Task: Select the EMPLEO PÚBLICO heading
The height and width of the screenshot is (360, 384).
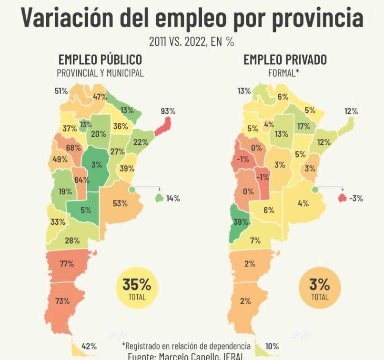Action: coord(100,60)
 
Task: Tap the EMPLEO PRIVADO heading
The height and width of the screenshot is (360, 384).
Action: coord(285,60)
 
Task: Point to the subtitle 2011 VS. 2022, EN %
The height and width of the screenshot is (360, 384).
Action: coord(192,42)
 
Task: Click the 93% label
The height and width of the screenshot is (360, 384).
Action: coord(168,111)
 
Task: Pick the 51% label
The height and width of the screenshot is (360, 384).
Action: coord(61,91)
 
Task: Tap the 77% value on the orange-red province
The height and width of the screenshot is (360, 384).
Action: coord(66,263)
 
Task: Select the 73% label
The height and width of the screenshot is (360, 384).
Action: coord(62,301)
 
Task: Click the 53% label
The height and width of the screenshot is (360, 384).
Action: coord(121,203)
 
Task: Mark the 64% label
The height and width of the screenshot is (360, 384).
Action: coord(81,180)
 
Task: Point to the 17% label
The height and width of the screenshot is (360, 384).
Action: coord(303,126)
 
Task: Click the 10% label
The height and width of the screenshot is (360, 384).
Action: coord(272,346)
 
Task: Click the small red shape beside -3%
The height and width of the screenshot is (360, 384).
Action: coord(342,198)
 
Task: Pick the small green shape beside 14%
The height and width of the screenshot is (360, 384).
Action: coord(159,198)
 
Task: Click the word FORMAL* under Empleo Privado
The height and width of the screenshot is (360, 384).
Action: coord(285,73)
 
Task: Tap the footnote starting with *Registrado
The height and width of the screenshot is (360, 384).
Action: coord(186,346)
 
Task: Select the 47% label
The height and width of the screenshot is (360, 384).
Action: coord(100,97)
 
